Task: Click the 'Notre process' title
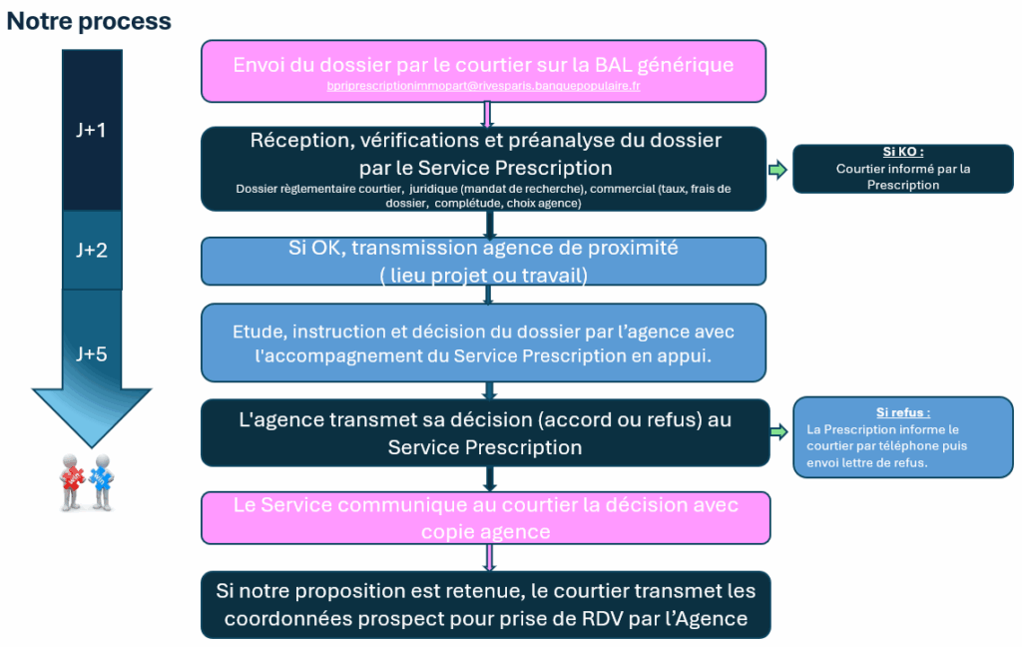(x=89, y=21)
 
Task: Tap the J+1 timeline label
(x=92, y=130)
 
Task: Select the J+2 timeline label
(x=92, y=250)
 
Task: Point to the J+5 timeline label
(x=92, y=353)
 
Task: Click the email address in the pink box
(x=483, y=88)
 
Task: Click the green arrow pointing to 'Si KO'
(x=777, y=170)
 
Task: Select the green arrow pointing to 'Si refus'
(x=777, y=431)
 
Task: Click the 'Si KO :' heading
(x=902, y=153)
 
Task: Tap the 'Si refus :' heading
(x=902, y=412)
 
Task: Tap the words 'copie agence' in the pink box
(x=485, y=531)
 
